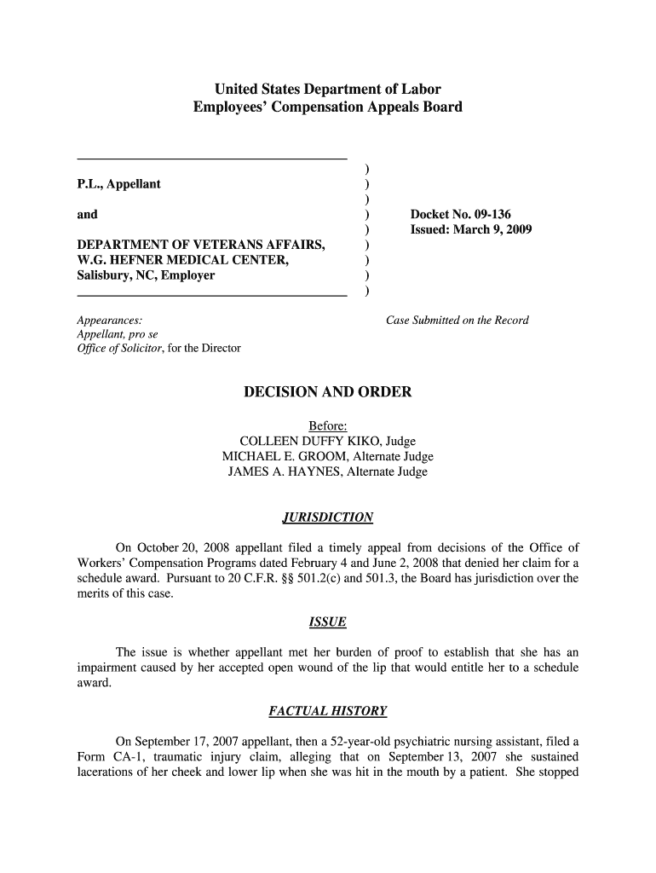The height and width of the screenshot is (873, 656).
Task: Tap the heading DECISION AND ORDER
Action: point(328,392)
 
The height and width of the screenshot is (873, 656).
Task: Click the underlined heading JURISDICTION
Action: point(328,517)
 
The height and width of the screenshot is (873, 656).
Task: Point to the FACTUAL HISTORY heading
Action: point(328,710)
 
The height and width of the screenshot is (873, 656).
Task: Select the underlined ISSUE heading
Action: point(328,622)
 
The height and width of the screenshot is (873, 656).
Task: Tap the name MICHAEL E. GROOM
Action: point(285,456)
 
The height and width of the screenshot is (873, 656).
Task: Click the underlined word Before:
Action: point(328,425)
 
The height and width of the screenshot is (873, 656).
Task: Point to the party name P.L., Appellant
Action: point(118,184)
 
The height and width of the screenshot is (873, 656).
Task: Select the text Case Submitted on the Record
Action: point(457,321)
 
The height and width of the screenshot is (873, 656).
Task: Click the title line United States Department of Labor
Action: point(328,89)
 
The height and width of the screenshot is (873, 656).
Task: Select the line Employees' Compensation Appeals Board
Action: point(328,107)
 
